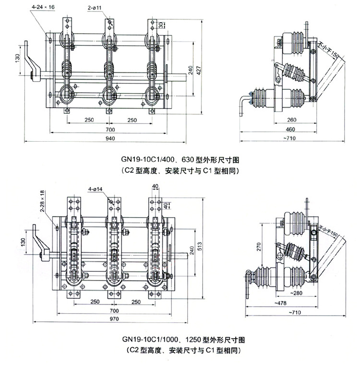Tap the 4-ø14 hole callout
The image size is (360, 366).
96,189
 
